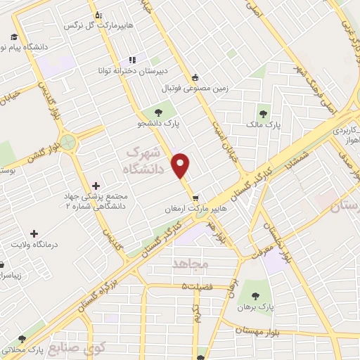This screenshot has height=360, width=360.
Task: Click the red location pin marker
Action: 181,165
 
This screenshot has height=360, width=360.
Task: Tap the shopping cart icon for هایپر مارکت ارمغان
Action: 204,198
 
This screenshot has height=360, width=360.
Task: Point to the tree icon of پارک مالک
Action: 264,112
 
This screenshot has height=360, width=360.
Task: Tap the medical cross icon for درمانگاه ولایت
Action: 34,233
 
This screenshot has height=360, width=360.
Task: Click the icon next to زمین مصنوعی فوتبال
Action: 195,79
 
